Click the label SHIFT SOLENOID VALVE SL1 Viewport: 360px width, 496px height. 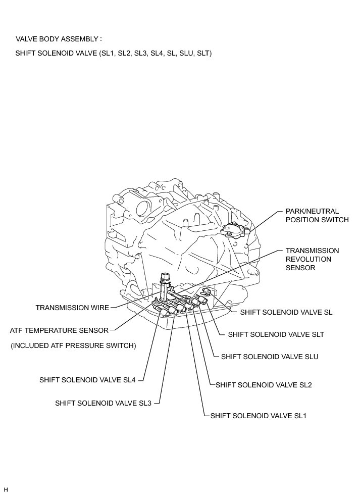tap(258, 416)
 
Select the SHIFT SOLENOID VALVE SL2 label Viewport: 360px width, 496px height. tap(264, 385)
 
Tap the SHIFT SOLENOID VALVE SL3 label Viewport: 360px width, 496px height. tap(107, 403)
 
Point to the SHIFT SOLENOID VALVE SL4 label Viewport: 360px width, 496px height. tap(88, 380)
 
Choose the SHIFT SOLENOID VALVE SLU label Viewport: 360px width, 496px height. tap(270, 356)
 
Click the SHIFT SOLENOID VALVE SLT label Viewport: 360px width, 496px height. tap(276, 334)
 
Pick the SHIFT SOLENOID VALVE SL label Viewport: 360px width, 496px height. tap(286, 312)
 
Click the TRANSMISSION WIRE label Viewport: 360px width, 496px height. tap(72, 307)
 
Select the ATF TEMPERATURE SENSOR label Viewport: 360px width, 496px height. tap(59, 330)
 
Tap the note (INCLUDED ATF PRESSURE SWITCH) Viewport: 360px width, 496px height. tap(73, 345)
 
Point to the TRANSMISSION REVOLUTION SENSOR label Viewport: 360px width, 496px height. tap(312, 259)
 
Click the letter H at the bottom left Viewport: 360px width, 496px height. tap(6, 489)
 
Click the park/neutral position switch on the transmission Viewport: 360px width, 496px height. tap(234, 230)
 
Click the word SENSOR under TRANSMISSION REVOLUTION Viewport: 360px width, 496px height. tap(301, 268)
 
